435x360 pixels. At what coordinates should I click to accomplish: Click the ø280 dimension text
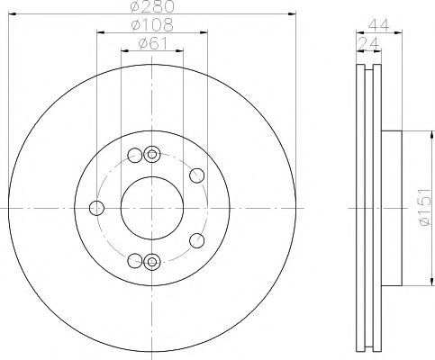coord(150,7)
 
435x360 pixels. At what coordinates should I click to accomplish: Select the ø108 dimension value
coord(150,25)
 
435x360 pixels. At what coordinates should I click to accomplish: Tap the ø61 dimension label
coord(151,43)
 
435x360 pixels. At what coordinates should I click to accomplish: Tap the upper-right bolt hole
coord(197,175)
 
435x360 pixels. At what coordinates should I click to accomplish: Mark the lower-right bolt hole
coord(198,241)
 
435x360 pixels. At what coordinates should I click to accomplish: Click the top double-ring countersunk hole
coord(151,154)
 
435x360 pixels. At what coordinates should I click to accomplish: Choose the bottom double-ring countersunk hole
coord(151,262)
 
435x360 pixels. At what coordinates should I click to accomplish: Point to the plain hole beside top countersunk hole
coord(135,154)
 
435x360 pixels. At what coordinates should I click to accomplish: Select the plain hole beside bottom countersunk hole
coord(135,261)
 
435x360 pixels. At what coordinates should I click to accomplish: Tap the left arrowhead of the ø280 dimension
coord(10,14)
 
